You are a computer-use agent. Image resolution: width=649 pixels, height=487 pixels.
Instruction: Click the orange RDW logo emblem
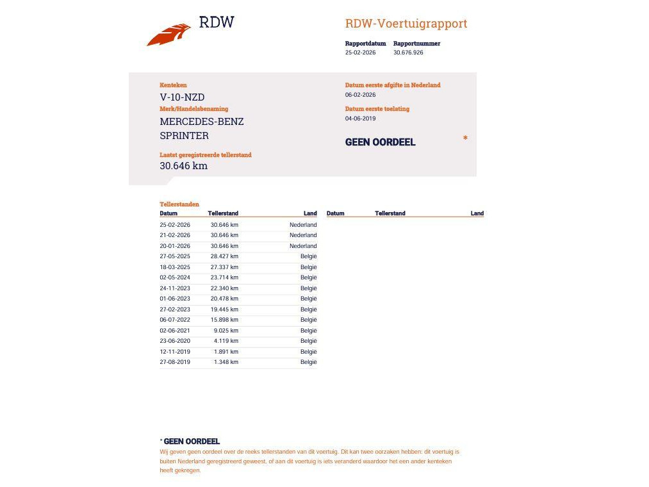[x=169, y=35]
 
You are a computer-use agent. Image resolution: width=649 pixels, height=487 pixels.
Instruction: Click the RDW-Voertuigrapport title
[x=406, y=24]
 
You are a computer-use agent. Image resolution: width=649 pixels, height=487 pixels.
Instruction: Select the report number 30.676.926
[x=408, y=53]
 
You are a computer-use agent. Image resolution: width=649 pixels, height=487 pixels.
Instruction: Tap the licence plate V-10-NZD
[x=182, y=97]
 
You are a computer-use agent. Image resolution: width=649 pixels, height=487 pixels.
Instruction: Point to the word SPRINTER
[x=184, y=136]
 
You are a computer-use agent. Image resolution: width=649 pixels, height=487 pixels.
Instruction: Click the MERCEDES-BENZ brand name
[x=202, y=122]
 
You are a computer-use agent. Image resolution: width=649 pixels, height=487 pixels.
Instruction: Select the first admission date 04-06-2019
[x=360, y=119]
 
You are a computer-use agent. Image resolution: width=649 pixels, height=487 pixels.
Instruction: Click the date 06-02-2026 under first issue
[x=360, y=95]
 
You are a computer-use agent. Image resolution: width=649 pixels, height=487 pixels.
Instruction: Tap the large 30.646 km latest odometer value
[x=183, y=166]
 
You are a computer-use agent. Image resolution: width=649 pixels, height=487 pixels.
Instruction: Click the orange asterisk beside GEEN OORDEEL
[x=465, y=138]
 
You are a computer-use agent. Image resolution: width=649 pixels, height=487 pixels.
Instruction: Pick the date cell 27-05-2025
[x=175, y=256]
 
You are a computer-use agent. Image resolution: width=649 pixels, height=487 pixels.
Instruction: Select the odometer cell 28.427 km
[x=224, y=256]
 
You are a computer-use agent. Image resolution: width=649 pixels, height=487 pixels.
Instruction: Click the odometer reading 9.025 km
[x=226, y=331]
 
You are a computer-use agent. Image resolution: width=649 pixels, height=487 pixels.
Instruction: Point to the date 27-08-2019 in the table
[x=175, y=362]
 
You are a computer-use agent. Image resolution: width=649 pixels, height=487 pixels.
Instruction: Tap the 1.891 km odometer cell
[x=226, y=352]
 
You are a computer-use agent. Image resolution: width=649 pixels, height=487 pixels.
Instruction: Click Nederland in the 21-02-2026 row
[x=303, y=235]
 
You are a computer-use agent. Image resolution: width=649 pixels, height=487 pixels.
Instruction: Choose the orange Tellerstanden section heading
[x=179, y=204]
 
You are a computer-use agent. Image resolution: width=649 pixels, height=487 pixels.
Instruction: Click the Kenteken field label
[x=173, y=85]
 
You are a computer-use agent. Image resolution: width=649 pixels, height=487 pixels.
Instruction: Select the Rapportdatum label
[x=365, y=44]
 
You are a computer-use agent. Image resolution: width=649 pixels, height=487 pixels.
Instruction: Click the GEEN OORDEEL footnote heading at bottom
[x=192, y=442]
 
